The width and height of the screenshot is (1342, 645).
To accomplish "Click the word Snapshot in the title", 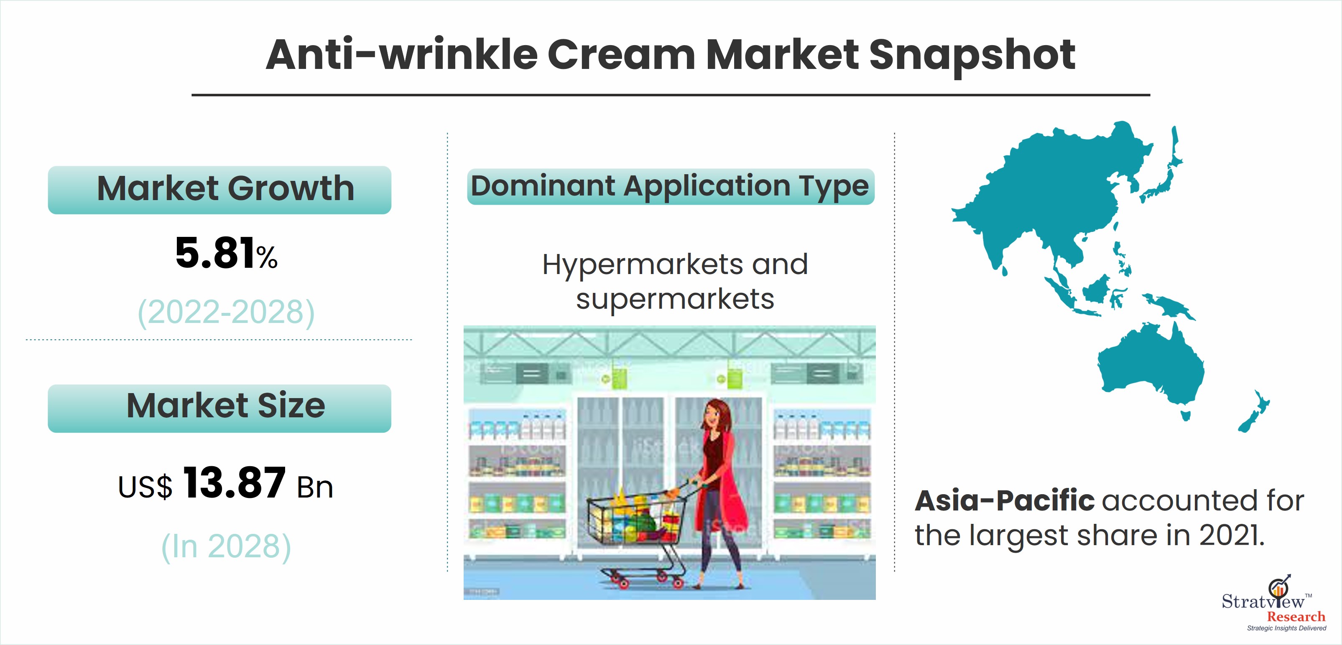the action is (972, 55).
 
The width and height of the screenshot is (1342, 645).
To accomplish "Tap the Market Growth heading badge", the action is (219, 190).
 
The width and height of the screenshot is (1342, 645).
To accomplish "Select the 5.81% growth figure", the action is (226, 253).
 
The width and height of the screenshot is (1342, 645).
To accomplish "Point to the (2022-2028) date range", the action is (226, 312).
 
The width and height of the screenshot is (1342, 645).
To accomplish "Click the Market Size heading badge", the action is (219, 408).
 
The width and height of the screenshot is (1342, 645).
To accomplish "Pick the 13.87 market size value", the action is (235, 482).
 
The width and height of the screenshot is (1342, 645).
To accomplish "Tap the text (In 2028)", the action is (226, 546).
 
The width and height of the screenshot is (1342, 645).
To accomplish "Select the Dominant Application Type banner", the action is (671, 186).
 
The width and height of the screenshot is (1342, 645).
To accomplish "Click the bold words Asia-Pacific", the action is (1005, 500).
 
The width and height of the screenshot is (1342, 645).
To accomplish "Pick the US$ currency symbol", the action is (145, 487).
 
